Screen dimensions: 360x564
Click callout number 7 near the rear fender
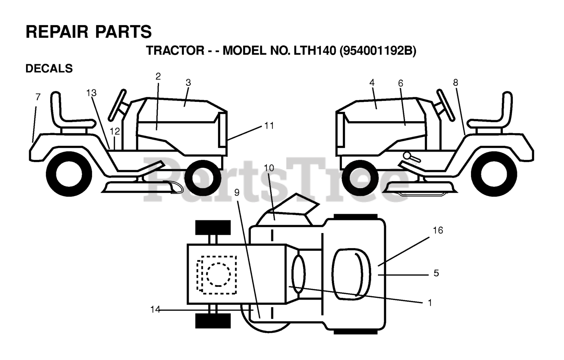(38, 97)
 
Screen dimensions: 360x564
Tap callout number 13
(91, 93)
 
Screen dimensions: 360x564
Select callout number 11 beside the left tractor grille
(269, 126)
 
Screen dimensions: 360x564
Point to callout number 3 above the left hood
(188, 82)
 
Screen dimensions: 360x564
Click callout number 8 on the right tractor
(455, 82)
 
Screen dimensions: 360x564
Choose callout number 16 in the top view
(438, 230)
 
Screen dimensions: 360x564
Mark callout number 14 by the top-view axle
(155, 310)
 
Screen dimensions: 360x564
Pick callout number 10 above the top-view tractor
(269, 167)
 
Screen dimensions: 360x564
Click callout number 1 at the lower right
(430, 303)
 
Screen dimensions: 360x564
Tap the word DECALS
(49, 69)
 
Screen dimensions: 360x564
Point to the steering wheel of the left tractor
(118, 105)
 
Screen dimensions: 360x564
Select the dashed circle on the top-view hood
(218, 275)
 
